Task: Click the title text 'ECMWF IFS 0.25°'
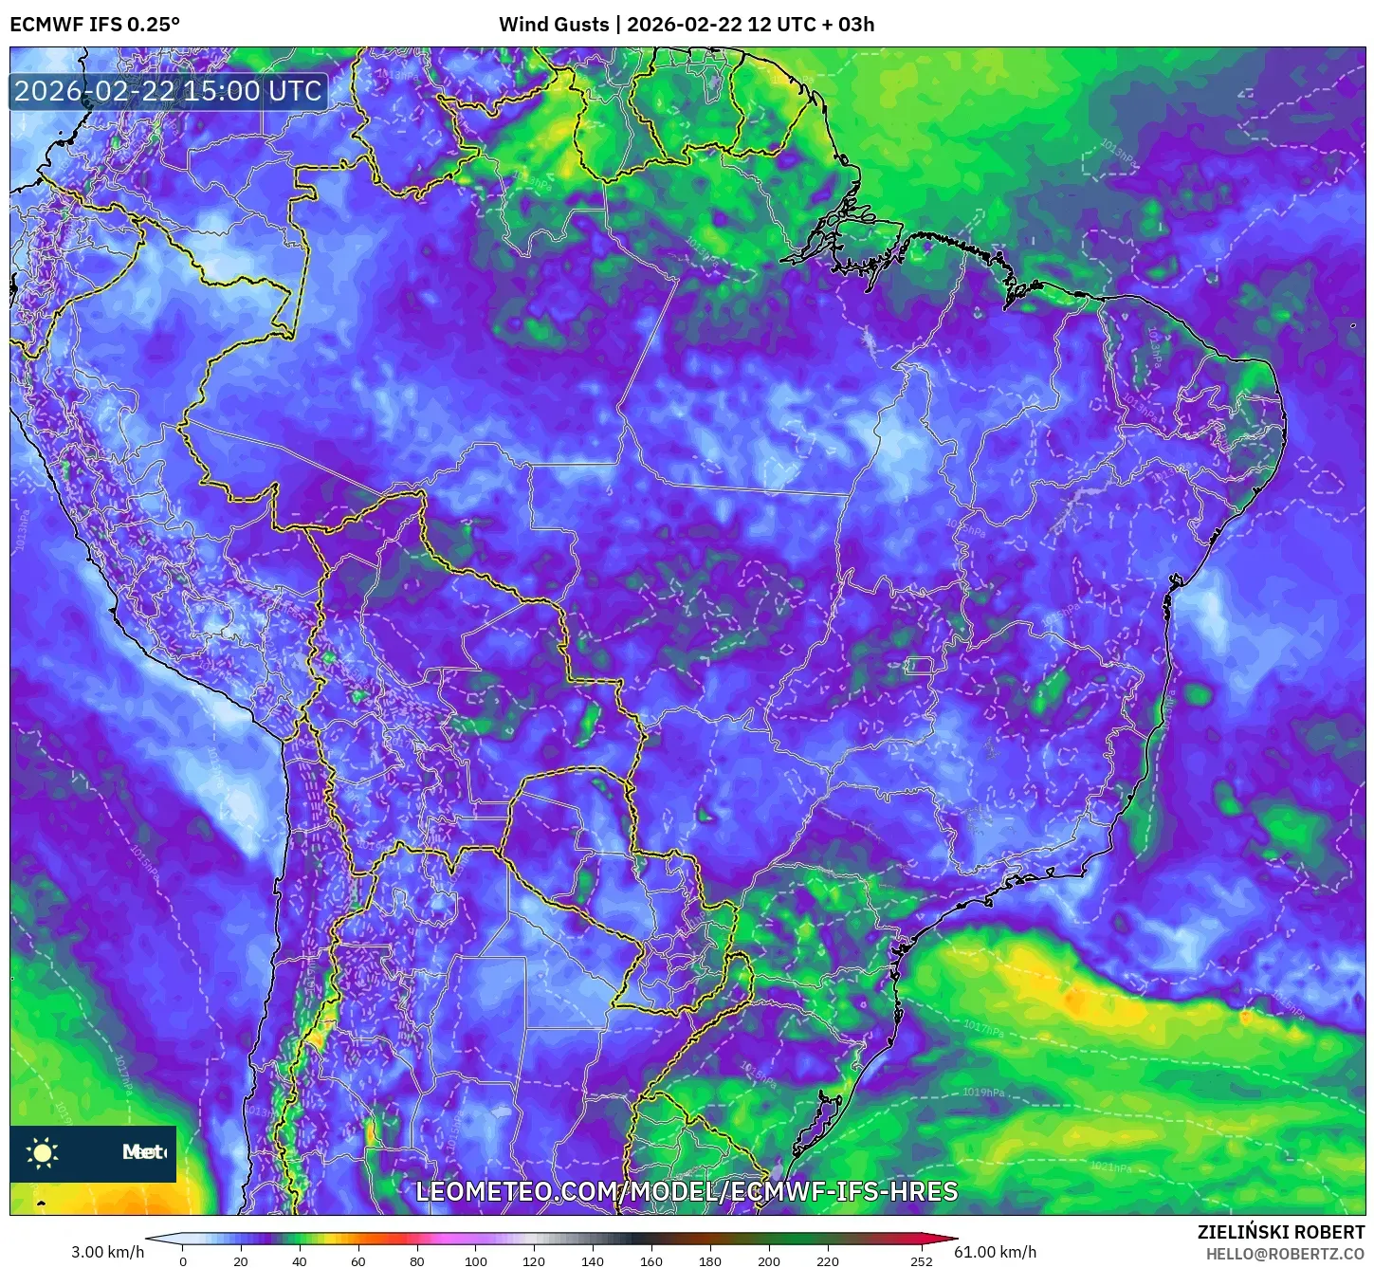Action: click(95, 25)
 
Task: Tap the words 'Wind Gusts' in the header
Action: click(554, 25)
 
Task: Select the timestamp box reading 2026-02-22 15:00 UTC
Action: click(169, 91)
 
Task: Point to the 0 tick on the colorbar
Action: click(183, 1260)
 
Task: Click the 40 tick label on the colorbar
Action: click(300, 1260)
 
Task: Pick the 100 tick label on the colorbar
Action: click(476, 1260)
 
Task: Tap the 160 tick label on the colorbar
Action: click(651, 1260)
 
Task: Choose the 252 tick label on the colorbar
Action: click(922, 1260)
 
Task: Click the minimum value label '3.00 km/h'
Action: click(107, 1252)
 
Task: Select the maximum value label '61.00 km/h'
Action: click(995, 1252)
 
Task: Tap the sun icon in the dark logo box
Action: click(43, 1152)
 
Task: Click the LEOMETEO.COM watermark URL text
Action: click(687, 1191)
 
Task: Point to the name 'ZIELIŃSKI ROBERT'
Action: click(1281, 1232)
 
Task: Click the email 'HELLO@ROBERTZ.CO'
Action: click(1285, 1254)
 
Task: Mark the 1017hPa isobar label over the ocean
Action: click(982, 1028)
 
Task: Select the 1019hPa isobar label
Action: click(982, 1093)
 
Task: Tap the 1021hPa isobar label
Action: click(1110, 1167)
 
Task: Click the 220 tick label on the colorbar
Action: click(828, 1260)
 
